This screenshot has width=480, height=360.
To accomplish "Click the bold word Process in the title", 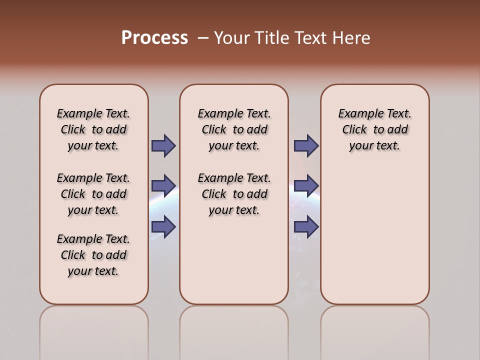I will pyautogui.click(x=154, y=37).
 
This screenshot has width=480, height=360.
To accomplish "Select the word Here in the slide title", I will pyautogui.click(x=352, y=37).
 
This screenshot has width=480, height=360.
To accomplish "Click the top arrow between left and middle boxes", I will pyautogui.click(x=163, y=145).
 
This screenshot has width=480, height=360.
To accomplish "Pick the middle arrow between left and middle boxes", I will pyautogui.click(x=163, y=186).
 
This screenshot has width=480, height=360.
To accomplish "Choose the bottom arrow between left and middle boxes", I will pyautogui.click(x=163, y=226).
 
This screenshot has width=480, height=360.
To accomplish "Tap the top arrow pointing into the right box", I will pyautogui.click(x=306, y=145).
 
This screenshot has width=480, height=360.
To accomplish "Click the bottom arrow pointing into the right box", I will pyautogui.click(x=306, y=226).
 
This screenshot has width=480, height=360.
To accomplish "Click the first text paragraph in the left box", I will pyautogui.click(x=93, y=129).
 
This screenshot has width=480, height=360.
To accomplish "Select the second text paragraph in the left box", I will pyautogui.click(x=93, y=194).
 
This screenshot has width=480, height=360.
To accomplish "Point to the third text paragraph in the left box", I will pyautogui.click(x=93, y=255).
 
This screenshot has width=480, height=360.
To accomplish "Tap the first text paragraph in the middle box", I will pyautogui.click(x=234, y=129).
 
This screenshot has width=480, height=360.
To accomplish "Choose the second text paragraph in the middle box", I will pyautogui.click(x=234, y=194).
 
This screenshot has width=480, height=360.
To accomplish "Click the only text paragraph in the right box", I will pyautogui.click(x=375, y=129).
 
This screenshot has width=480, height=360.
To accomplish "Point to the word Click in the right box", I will pyautogui.click(x=354, y=130).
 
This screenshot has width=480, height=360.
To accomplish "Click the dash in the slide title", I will pyautogui.click(x=203, y=38).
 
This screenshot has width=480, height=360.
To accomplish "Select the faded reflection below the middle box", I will pyautogui.click(x=234, y=330).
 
